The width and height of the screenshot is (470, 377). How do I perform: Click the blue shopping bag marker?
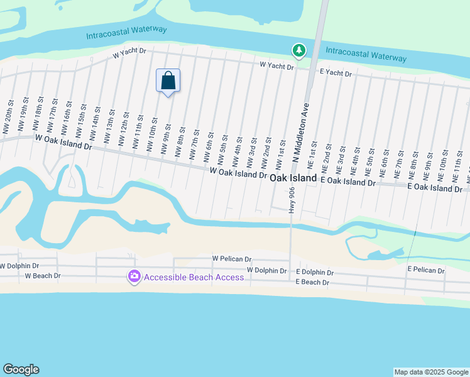(168, 81)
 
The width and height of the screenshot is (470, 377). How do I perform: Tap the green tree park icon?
(299, 50)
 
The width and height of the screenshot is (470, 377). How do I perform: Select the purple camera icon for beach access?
(134, 277)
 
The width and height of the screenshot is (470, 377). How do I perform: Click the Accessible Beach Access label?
(194, 277)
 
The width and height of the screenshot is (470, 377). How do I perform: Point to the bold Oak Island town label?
(294, 178)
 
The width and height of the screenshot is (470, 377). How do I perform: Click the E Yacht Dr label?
(336, 74)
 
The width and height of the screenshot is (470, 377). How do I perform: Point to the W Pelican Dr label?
(231, 258)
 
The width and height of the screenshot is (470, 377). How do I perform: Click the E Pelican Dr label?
(426, 269)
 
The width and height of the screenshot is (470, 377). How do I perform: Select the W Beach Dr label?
(43, 275)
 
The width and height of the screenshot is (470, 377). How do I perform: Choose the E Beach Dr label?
(312, 282)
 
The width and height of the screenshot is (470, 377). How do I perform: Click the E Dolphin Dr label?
(314, 273)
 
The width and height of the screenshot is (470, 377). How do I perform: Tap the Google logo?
(21, 369)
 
